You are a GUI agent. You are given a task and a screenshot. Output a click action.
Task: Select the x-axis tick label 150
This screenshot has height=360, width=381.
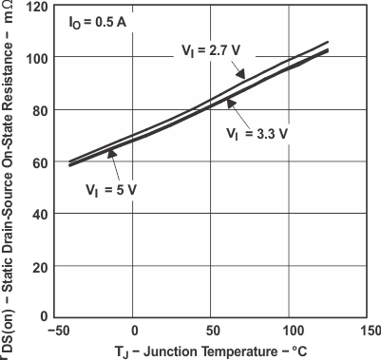[367, 332]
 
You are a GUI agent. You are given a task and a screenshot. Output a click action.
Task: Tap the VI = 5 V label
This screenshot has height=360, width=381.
[107, 189]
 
